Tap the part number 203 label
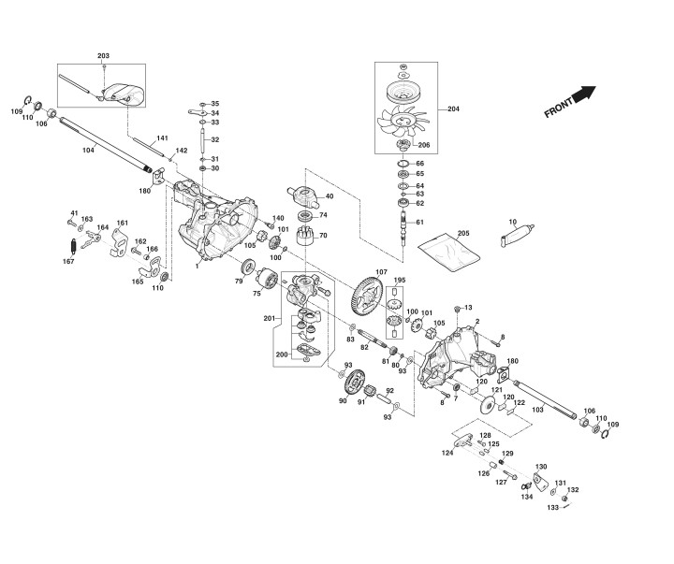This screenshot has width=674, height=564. [x=103, y=57]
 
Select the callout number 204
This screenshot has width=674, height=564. [x=454, y=109]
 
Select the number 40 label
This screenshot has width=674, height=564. [x=329, y=195]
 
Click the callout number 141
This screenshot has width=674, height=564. [x=162, y=137]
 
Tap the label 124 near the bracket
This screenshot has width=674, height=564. [x=447, y=453]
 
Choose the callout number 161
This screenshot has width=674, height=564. [x=122, y=223]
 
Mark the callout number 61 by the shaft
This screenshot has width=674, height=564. [x=419, y=222]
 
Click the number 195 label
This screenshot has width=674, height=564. [x=400, y=281]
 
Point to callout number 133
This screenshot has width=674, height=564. [x=552, y=507]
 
